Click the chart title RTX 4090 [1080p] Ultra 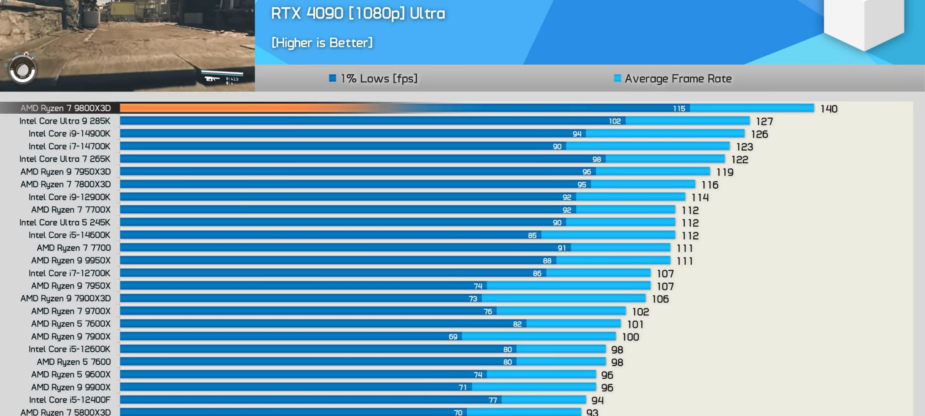358,14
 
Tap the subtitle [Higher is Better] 322,42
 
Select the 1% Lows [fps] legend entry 373,79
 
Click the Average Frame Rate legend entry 673,79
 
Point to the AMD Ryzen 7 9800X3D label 66,108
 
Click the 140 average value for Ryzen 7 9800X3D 829,109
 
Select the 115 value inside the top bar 679,109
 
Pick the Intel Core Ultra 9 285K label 65,121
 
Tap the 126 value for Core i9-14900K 759,134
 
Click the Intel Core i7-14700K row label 69,146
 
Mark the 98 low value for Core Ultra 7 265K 597,159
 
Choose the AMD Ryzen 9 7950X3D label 66,172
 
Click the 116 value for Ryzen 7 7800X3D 710,185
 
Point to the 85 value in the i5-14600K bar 532,235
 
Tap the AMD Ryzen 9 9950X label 71,260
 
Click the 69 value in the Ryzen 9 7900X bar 453,337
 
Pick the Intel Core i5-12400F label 69,400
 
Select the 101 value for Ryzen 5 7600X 635,324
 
